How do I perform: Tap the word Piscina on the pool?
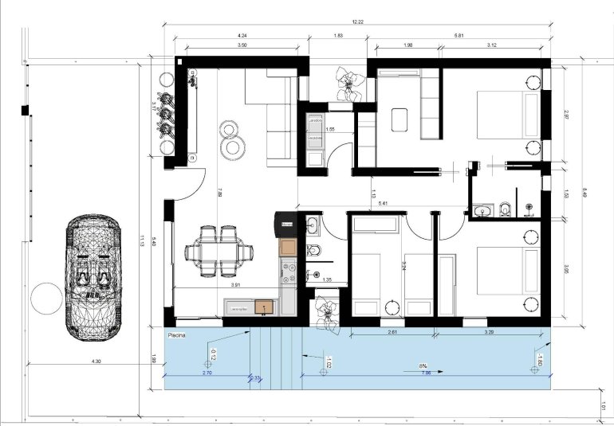179,336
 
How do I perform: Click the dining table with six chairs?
218,252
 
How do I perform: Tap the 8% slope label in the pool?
422,365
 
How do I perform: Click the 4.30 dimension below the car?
96,362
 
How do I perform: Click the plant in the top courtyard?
348,81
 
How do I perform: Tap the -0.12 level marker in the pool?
213,353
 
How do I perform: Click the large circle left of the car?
44,301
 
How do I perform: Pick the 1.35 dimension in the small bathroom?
327,279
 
